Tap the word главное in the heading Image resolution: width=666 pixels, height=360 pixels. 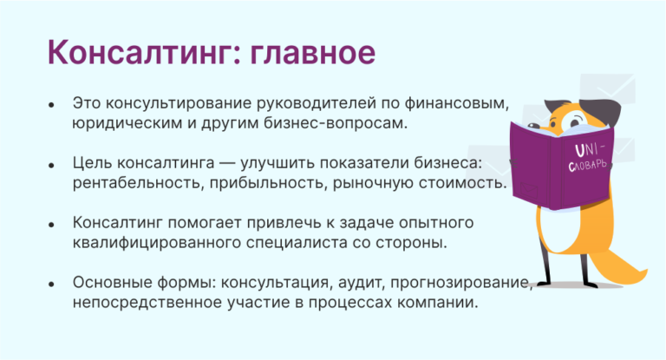point(312,52)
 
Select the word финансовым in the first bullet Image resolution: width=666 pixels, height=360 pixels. point(456,103)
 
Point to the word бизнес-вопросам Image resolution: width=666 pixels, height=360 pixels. point(336,123)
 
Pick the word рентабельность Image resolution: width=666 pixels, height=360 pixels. point(138,183)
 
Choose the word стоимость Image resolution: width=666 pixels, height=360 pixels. point(463,183)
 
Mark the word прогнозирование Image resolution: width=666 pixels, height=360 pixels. point(461,283)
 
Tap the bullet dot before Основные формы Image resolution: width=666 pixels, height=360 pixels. point(52,284)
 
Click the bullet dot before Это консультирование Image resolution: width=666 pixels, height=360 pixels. point(52,105)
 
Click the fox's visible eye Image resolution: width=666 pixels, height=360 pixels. point(573,121)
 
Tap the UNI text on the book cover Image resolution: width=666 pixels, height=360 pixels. point(589,150)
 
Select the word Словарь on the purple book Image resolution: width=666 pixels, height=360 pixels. point(588,165)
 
